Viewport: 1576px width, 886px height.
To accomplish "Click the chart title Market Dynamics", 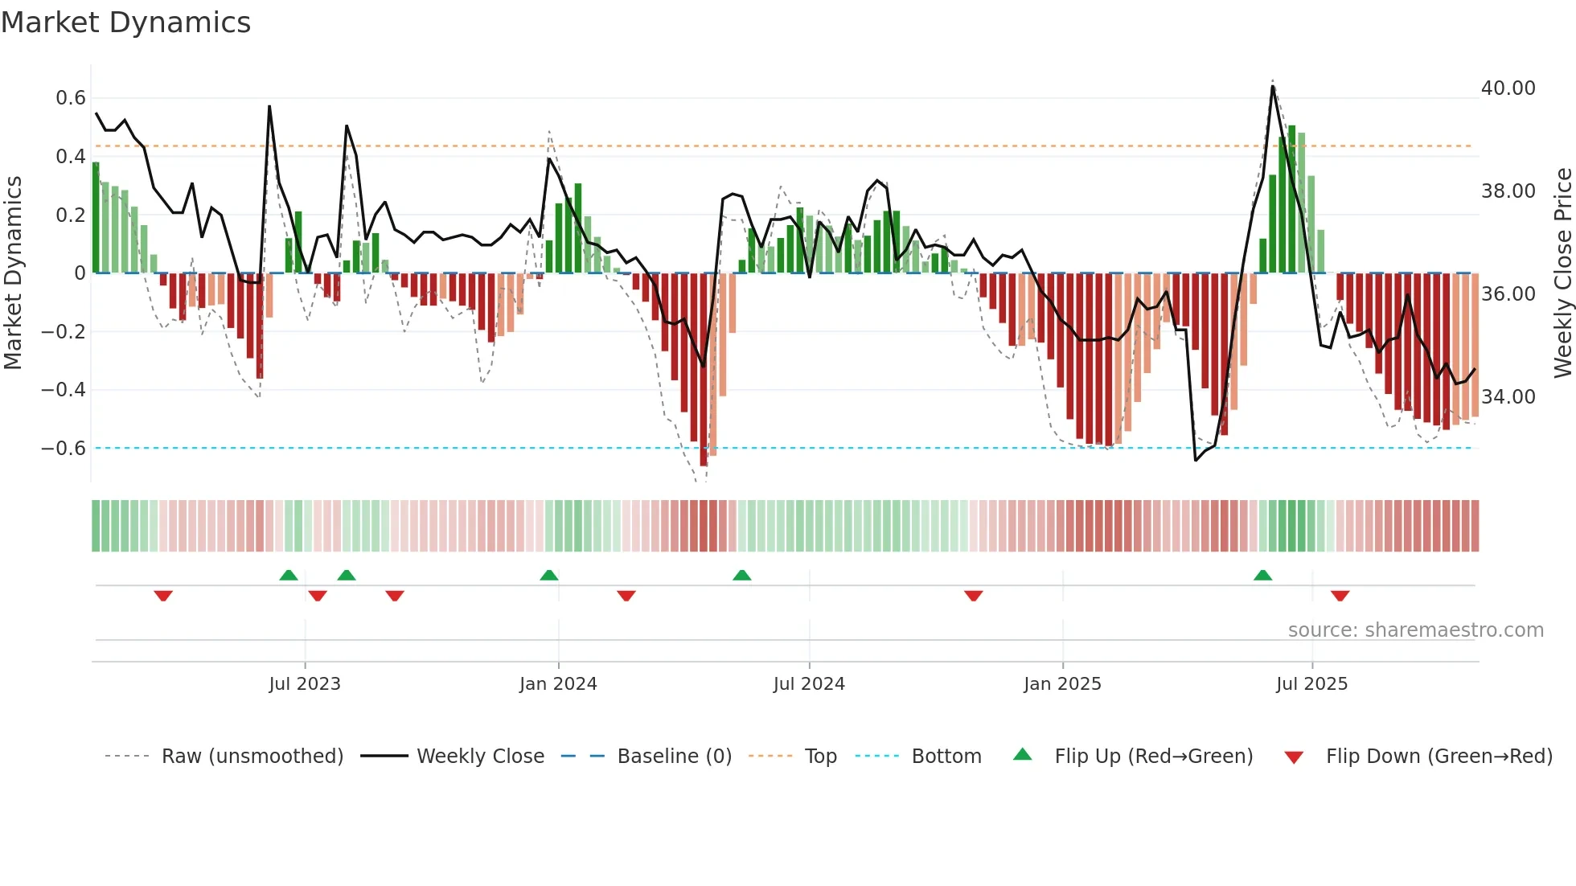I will click(125, 23).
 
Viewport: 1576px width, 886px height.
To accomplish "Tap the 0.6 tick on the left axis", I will click(71, 98).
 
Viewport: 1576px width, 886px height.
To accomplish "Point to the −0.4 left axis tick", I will click(64, 390).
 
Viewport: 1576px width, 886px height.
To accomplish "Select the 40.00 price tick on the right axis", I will click(1508, 88).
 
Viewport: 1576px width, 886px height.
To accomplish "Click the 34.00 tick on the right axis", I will click(1508, 397).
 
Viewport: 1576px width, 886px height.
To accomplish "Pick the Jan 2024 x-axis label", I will click(558, 684).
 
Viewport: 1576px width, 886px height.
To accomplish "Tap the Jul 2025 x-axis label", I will click(1311, 684).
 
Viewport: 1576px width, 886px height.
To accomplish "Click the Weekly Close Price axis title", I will click(1562, 273).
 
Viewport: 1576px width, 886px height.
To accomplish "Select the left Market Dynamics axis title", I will click(13, 273).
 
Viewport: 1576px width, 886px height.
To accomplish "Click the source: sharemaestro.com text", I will click(1415, 630).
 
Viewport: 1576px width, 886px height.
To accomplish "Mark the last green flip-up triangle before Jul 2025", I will click(1262, 576).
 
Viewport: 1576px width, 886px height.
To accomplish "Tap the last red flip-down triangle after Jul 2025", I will click(1340, 596).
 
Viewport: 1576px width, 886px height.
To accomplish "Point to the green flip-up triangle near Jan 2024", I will click(549, 576).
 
